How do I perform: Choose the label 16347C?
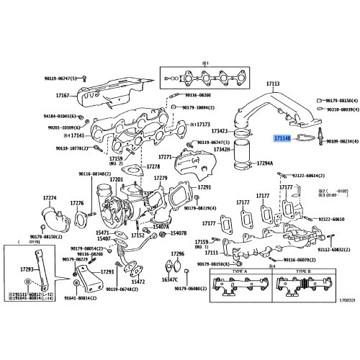click(170, 279)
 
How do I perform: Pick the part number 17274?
click(49, 197)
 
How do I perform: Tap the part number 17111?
click(211, 253)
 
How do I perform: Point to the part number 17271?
click(165, 156)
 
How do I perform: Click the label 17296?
click(177, 254)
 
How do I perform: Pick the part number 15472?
click(138, 282)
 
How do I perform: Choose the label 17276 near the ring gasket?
click(77, 204)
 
